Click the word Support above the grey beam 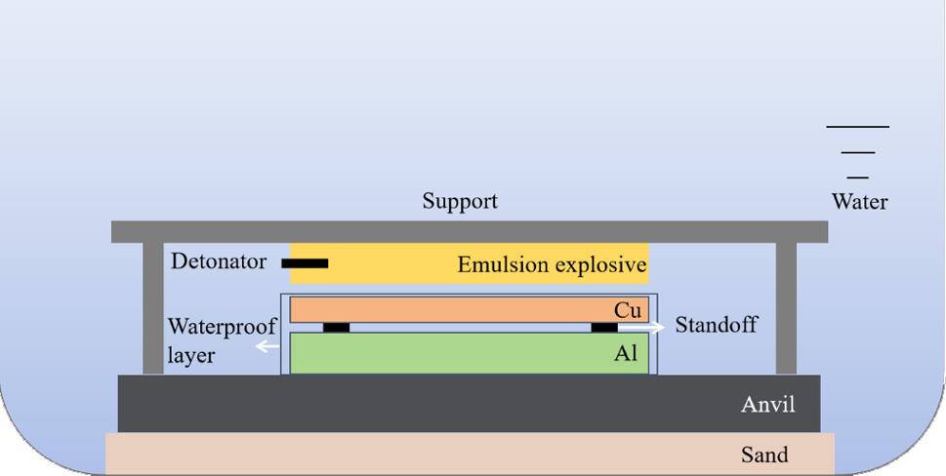pyautogui.click(x=460, y=202)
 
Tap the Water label pyautogui.click(x=859, y=202)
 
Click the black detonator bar pyautogui.click(x=305, y=262)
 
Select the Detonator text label pyautogui.click(x=218, y=261)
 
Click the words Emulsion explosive pyautogui.click(x=552, y=265)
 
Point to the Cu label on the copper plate pyautogui.click(x=628, y=310)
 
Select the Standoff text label pyautogui.click(x=716, y=325)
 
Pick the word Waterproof pyautogui.click(x=223, y=326)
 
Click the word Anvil pyautogui.click(x=767, y=403)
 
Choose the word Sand pyautogui.click(x=764, y=455)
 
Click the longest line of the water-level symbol pyautogui.click(x=857, y=127)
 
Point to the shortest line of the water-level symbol pyautogui.click(x=857, y=177)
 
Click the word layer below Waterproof pyautogui.click(x=190, y=356)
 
